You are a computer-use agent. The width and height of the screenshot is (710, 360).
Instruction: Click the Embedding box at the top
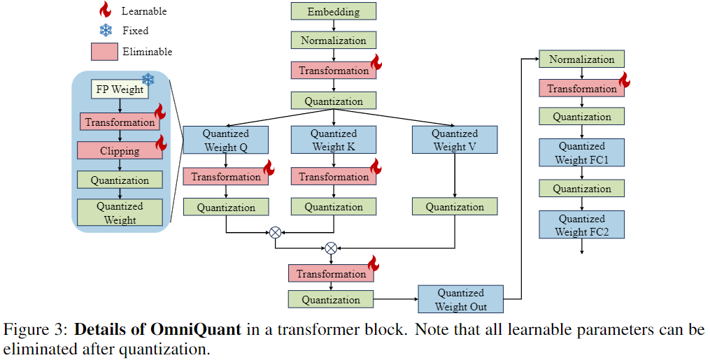[x=334, y=11]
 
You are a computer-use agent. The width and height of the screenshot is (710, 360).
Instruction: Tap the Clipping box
[x=120, y=150]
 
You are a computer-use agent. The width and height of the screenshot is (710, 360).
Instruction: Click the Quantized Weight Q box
[x=225, y=140]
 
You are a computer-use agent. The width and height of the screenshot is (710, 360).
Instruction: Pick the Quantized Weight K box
[x=334, y=140]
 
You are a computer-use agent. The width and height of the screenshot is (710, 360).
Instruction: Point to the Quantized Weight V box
[x=455, y=140]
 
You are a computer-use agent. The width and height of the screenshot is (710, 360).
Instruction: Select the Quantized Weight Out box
[x=460, y=300]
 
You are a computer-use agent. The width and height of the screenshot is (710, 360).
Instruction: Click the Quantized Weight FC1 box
[x=581, y=153]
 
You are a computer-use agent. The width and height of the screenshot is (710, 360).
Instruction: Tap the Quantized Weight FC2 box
[x=581, y=225]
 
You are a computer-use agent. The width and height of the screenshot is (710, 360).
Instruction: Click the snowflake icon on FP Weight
[x=148, y=79]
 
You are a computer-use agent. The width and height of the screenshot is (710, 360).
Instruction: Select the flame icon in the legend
[x=106, y=10]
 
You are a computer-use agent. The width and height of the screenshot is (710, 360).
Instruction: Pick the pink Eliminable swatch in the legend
[x=104, y=52]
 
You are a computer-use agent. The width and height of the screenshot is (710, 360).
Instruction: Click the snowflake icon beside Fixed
[x=106, y=31]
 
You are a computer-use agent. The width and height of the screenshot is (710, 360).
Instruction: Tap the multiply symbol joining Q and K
[x=275, y=231]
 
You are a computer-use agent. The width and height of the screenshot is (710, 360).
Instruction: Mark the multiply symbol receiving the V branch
[x=331, y=247]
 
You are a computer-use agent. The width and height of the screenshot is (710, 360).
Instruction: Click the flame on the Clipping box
[x=161, y=143]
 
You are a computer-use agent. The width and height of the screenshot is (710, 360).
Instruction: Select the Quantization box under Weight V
[x=455, y=207]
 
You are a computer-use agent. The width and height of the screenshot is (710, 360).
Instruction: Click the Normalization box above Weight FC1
[x=581, y=59]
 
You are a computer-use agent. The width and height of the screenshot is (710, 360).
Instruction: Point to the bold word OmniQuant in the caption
[x=201, y=329]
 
